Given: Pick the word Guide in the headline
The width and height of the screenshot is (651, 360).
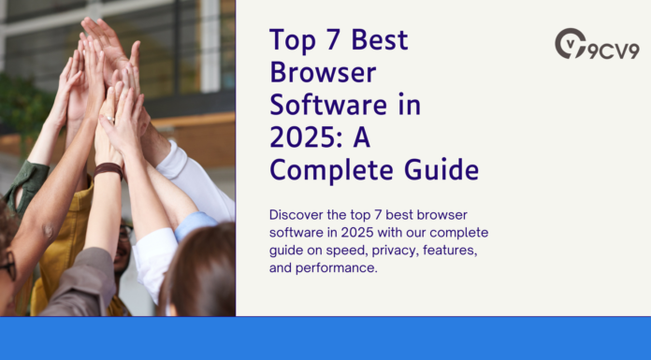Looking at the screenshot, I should click(x=441, y=170).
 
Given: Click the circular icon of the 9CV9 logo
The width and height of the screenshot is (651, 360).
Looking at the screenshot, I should click(x=571, y=43).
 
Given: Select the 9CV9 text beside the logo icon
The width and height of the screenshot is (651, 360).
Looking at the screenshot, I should click(x=614, y=50).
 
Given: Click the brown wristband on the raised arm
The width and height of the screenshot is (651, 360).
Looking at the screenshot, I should click(x=110, y=171).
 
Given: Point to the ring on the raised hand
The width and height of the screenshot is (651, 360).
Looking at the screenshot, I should click(x=108, y=120).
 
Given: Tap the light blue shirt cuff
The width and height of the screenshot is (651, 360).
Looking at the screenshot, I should click(x=195, y=224).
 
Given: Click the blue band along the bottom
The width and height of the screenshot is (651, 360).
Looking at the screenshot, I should click(x=325, y=338).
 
